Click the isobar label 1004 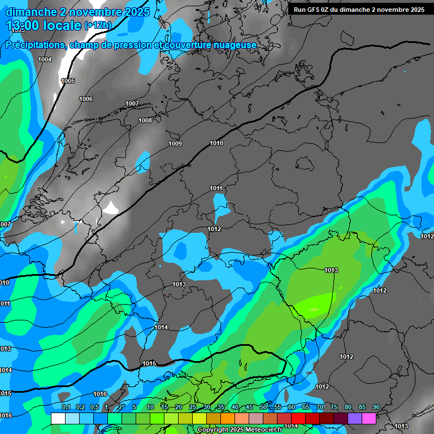tap(45, 59)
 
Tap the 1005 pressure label tap(68, 81)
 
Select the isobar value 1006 tap(86, 99)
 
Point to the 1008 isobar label tap(145, 120)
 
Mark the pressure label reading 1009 tap(175, 144)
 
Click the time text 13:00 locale tap(44, 25)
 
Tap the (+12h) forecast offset tap(98, 25)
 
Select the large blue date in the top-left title tap(77, 12)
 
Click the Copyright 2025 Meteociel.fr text tap(240, 429)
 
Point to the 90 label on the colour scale tap(376, 407)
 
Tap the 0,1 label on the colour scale tap(66, 407)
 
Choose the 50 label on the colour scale tap(263, 407)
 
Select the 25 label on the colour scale tap(193, 407)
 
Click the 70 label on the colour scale tap(320, 407)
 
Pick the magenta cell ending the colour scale tap(369, 418)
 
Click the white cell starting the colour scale tap(58, 418)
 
